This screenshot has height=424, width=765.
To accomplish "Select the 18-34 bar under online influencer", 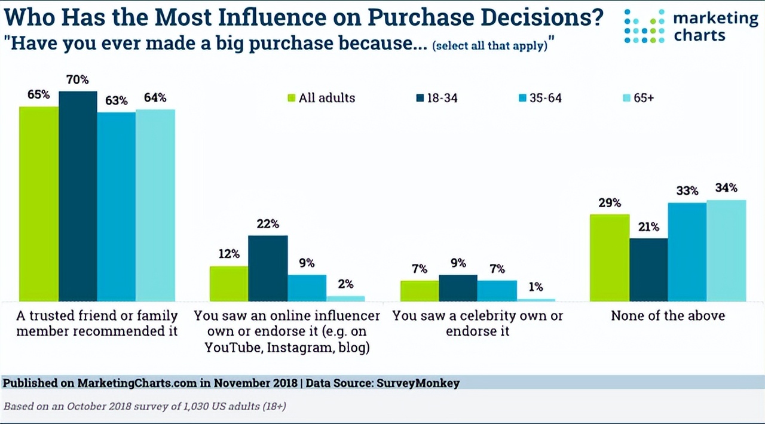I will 268,268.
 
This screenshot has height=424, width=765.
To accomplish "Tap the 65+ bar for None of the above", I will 727,250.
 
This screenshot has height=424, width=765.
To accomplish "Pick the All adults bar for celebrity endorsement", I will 420,291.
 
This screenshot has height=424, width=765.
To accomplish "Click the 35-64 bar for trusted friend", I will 117,206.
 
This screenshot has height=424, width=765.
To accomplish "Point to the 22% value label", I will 268,224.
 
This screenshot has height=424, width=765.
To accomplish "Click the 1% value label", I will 535,287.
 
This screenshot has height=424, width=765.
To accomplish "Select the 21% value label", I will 648,227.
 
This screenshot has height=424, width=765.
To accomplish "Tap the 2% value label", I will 345,284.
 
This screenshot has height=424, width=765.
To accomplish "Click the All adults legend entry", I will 321,98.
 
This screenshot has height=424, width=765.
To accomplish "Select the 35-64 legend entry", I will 540,98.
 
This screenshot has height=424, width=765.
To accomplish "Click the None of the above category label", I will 668,316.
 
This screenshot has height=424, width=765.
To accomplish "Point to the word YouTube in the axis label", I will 232,347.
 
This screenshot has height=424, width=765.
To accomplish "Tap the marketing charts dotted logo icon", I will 644,26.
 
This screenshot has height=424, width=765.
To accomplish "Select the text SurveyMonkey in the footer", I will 418,383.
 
